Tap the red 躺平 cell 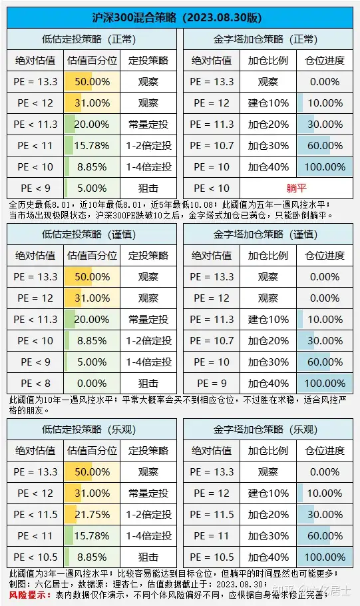click(x=296, y=188)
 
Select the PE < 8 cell click(x=35, y=384)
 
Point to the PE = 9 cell click(x=212, y=384)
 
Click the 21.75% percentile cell click(x=92, y=515)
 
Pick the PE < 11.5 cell click(x=35, y=515)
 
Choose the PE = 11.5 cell click(x=212, y=515)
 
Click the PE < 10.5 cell click(x=35, y=557)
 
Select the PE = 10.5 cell click(x=212, y=557)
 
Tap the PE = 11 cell click(x=212, y=536)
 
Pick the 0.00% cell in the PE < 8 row click(x=92, y=384)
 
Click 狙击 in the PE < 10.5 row click(x=148, y=557)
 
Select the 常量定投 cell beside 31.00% click(x=148, y=493)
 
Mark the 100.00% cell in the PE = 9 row click(x=325, y=384)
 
